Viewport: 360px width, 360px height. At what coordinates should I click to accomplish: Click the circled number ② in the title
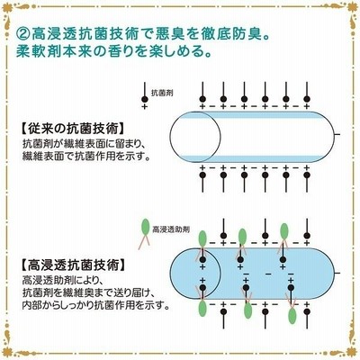pyautogui.click(x=22, y=33)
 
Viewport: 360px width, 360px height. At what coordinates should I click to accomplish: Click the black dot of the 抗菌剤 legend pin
pyautogui.click(x=145, y=99)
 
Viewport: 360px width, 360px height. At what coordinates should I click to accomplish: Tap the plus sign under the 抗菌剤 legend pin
pyautogui.click(x=145, y=106)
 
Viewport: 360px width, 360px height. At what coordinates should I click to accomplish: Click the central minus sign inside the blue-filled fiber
pyautogui.click(x=268, y=274)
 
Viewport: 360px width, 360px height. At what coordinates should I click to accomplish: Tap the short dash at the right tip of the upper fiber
pyautogui.click(x=337, y=134)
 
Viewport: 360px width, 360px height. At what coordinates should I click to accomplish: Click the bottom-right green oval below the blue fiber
pyautogui.click(x=292, y=316)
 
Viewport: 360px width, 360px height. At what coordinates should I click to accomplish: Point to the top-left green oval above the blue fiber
pyautogui.click(x=202, y=238)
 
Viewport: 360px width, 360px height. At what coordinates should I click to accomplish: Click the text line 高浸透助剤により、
pyautogui.click(x=62, y=281)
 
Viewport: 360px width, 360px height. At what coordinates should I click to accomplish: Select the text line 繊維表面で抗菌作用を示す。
pyautogui.click(x=85, y=157)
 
